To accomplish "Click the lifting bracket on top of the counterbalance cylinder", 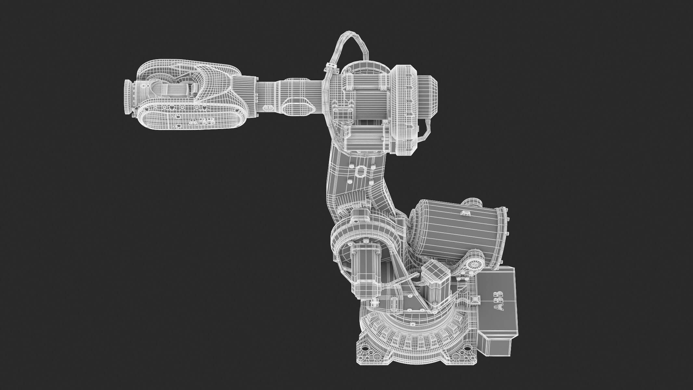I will coord(466,213).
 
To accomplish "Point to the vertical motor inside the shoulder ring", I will coord(366,263).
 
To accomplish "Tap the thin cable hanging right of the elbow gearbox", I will coord(426,130).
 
